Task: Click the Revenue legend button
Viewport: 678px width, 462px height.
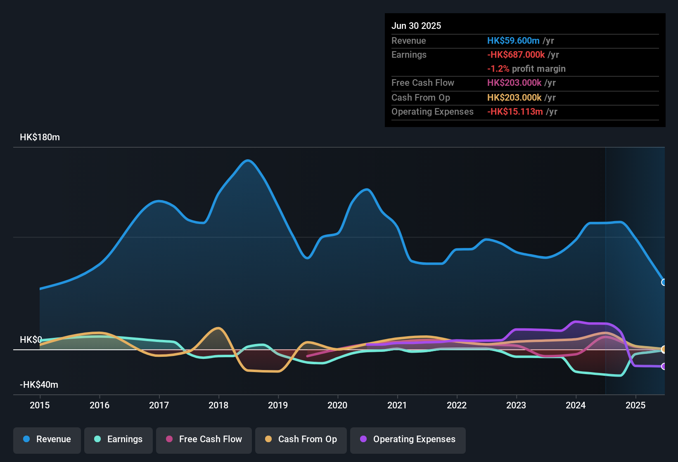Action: [47, 439]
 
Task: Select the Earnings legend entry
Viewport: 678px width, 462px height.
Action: [119, 439]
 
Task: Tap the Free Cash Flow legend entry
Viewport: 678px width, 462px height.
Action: [204, 439]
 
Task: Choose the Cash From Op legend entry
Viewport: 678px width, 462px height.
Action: [301, 439]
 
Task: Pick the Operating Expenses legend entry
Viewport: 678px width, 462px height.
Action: [408, 439]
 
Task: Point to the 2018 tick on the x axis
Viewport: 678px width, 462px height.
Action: [218, 405]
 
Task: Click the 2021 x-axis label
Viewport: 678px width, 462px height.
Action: [397, 405]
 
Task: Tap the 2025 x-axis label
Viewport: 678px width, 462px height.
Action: [635, 405]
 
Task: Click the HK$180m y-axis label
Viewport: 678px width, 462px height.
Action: [40, 137]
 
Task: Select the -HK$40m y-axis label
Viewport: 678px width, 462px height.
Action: [39, 385]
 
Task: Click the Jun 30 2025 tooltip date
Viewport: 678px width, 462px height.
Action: [416, 26]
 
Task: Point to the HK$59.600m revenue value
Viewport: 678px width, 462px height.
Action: [513, 41]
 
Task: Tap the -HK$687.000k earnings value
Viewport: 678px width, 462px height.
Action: [516, 55]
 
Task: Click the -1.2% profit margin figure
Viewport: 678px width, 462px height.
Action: [498, 69]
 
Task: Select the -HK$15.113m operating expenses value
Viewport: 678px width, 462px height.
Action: [515, 112]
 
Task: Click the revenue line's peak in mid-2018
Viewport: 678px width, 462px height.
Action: [247, 160]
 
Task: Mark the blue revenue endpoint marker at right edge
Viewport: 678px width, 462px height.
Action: [664, 283]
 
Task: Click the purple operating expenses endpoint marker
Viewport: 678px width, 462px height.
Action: [664, 366]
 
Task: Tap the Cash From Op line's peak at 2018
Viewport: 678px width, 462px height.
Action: [218, 328]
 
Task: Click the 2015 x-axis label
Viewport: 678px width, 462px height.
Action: [40, 405]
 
